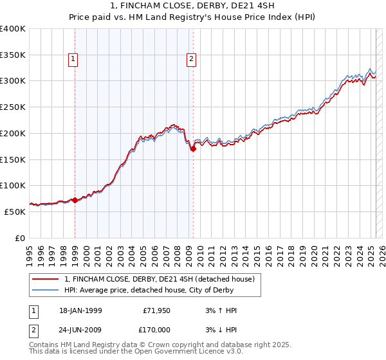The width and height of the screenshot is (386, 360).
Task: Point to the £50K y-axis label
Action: click(x=15, y=212)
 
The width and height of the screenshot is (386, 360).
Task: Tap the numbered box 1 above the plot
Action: click(x=73, y=60)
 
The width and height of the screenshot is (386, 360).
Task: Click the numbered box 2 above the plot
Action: click(x=191, y=60)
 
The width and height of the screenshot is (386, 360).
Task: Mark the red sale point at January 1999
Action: click(x=75, y=200)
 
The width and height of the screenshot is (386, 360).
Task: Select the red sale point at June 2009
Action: click(x=193, y=148)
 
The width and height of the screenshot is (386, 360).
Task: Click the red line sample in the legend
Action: click(x=46, y=279)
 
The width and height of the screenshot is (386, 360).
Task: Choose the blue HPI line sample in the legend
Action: click(x=46, y=290)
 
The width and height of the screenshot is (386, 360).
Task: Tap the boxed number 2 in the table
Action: click(x=32, y=329)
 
